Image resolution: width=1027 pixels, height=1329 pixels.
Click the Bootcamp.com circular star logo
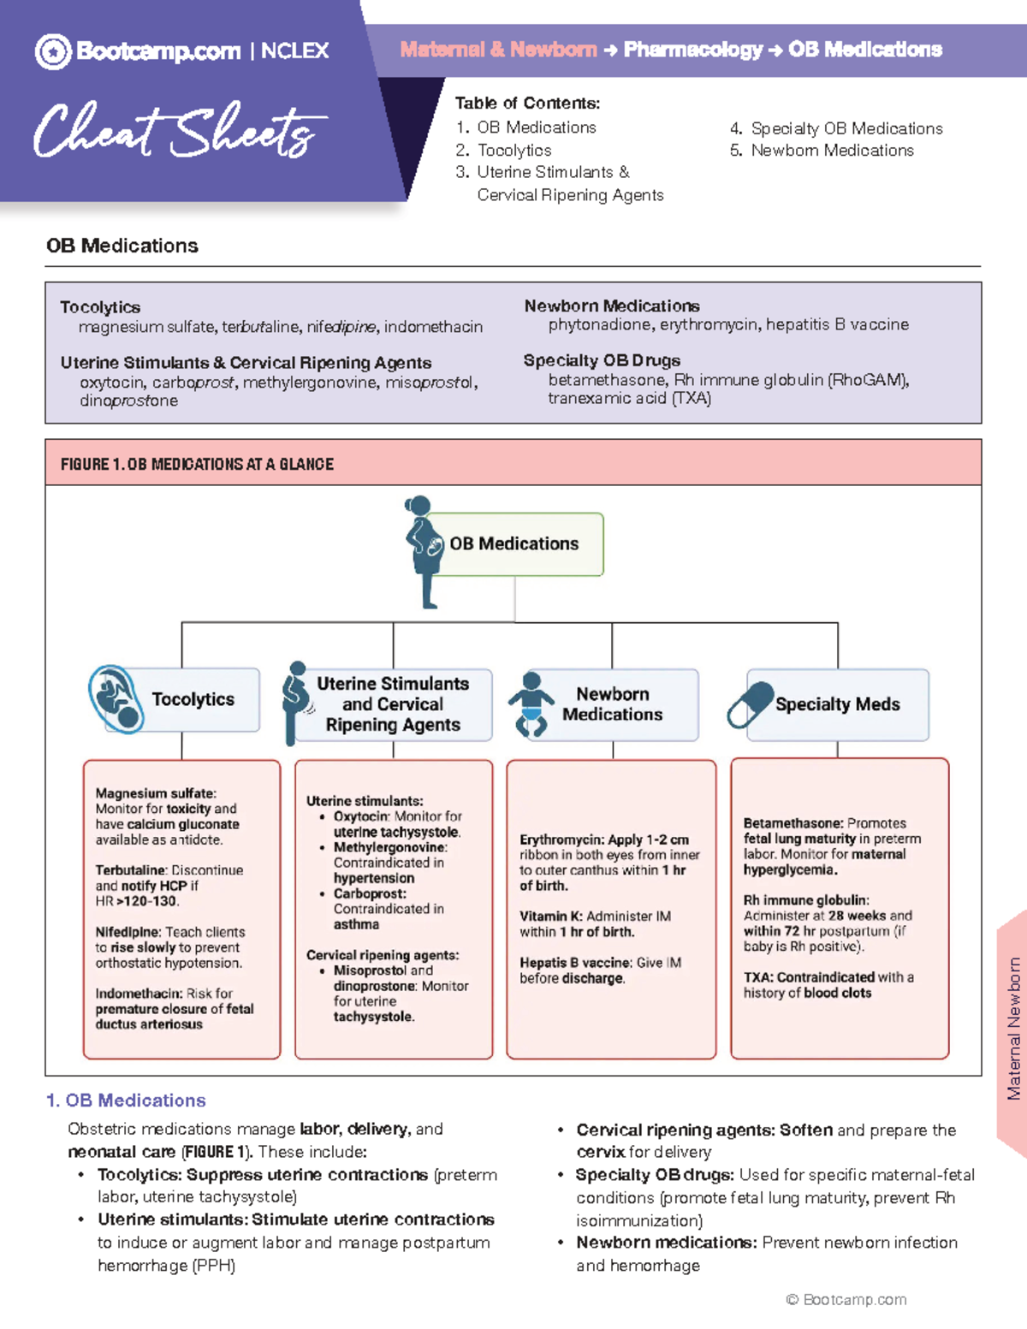pyautogui.click(x=53, y=51)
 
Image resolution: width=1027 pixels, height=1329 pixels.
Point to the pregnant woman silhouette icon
pyautogui.click(x=422, y=552)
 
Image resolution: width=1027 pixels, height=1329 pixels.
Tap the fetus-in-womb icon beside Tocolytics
pyautogui.click(x=116, y=698)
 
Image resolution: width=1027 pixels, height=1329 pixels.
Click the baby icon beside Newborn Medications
pyautogui.click(x=531, y=704)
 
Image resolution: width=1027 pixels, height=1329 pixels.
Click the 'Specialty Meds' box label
pyautogui.click(x=837, y=704)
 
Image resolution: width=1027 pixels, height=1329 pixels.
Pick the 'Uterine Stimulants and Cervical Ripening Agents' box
pyautogui.click(x=393, y=704)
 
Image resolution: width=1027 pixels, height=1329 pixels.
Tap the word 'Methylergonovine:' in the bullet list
pyautogui.click(x=390, y=847)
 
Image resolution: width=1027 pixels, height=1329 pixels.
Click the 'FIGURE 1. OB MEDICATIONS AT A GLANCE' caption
pyautogui.click(x=197, y=465)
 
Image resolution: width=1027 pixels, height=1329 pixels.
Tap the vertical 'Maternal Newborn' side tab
pyautogui.click(x=1013, y=1028)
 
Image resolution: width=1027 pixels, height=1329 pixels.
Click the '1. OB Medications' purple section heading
pyautogui.click(x=126, y=1101)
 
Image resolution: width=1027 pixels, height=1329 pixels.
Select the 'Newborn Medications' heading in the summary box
pyautogui.click(x=611, y=306)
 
